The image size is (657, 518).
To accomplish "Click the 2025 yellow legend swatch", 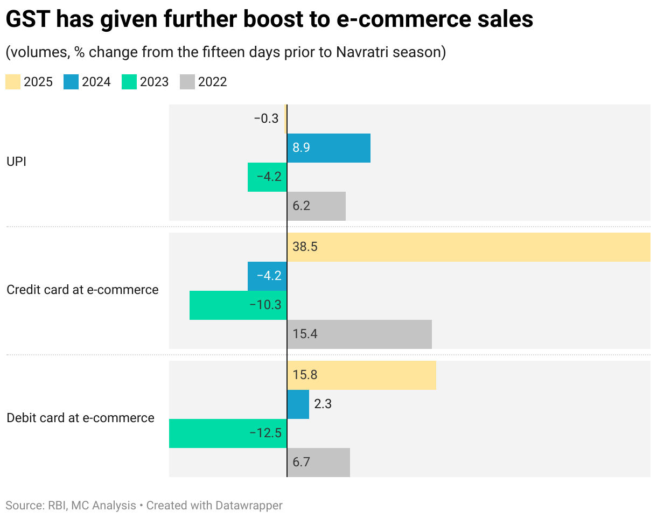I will (13, 82).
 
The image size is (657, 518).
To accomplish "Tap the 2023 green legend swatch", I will (129, 82).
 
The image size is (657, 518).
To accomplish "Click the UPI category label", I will (16, 162).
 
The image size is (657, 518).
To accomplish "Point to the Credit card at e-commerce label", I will (82, 290).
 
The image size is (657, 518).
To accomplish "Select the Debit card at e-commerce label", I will (80, 418).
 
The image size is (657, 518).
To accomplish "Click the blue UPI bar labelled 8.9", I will (328, 148).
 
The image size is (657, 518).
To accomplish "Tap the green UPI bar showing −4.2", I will (267, 177).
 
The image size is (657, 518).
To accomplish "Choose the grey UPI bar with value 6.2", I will (316, 206).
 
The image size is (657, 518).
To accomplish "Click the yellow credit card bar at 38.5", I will (469, 247).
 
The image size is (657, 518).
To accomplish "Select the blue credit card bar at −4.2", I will (267, 276).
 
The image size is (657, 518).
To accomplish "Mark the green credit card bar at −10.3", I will (238, 305).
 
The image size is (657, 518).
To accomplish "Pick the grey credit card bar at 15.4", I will (359, 334).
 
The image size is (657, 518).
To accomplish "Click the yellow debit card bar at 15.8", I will (361, 375).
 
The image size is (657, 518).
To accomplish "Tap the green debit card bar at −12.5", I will (228, 433).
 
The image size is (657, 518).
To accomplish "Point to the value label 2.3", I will (323, 404).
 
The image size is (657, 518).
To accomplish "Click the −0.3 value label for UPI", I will (266, 118).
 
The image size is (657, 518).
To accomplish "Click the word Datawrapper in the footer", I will (249, 506).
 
